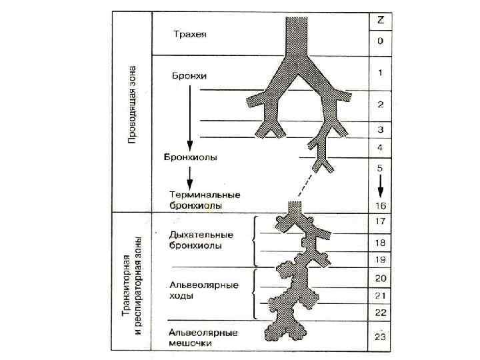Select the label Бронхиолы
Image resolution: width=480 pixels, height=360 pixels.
tap(191, 158)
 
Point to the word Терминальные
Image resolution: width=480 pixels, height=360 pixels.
tap(203, 195)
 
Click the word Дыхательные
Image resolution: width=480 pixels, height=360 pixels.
tap(201, 235)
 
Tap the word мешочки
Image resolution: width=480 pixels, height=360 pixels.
tap(191, 343)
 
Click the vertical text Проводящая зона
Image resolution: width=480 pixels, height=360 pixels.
tap(132, 104)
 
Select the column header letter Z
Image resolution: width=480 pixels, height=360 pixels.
tap(380, 20)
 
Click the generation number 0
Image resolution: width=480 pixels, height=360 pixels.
tap(380, 41)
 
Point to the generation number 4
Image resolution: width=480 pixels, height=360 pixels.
tap(380, 147)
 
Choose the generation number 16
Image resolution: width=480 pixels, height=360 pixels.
tap(380, 205)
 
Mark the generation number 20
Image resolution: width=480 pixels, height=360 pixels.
tap(380, 277)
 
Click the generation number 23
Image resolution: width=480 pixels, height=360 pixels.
tap(380, 337)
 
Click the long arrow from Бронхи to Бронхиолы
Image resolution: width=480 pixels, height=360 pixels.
tap(191, 117)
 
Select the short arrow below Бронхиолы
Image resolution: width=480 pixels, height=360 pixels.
tap(191, 177)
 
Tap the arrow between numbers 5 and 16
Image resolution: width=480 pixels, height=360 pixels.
tap(380, 183)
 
